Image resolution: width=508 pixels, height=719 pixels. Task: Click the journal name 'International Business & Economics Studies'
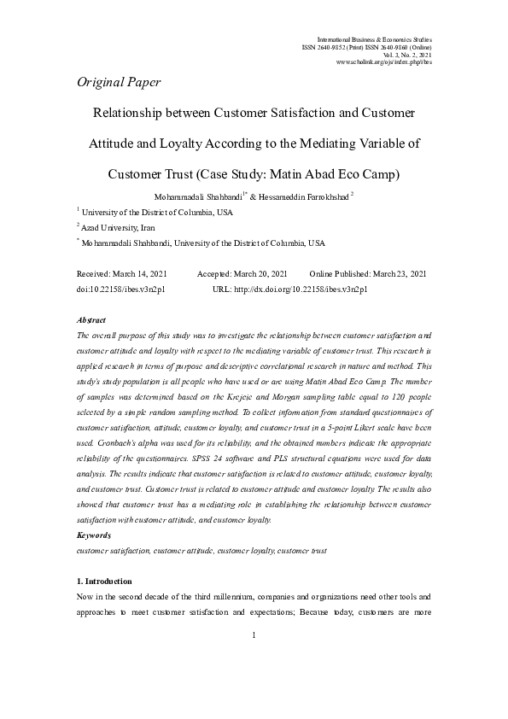click(x=374, y=39)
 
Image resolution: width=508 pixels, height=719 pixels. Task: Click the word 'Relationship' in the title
click(x=129, y=112)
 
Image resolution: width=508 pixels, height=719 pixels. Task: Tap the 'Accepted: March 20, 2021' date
click(x=242, y=274)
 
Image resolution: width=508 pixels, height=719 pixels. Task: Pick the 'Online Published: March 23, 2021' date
click(x=368, y=274)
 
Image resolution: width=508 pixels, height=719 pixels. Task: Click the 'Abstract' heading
click(x=91, y=319)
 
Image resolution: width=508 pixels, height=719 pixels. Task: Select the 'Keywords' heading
click(x=94, y=535)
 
